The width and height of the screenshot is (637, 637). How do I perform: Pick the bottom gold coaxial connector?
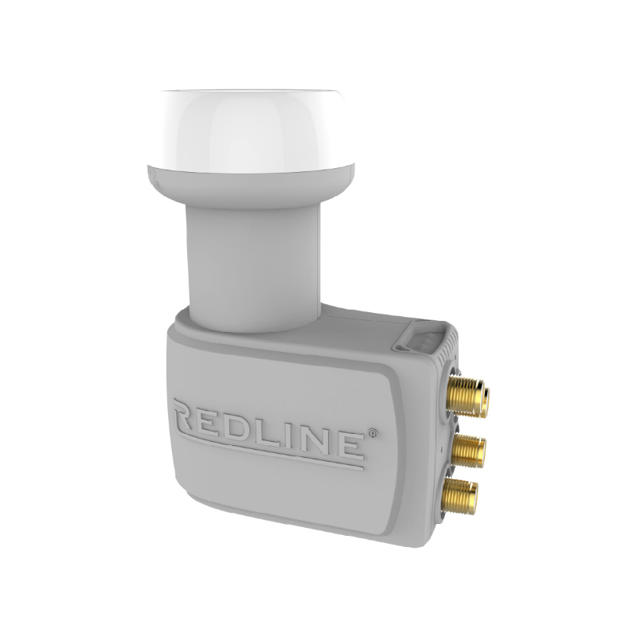coord(462,494)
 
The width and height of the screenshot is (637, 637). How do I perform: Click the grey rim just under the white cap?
coord(247,185)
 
